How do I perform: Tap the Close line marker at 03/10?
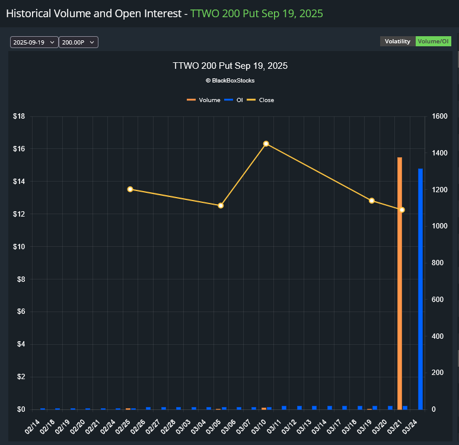point(266,144)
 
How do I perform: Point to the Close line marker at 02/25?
point(130,189)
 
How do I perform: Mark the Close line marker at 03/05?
point(221,205)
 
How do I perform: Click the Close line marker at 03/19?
point(372,201)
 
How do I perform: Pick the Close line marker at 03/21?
point(401,209)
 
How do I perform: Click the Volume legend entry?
point(204,100)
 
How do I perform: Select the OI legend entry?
point(235,100)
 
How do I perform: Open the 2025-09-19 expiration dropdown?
point(34,42)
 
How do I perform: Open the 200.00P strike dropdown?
point(78,42)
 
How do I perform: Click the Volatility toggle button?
point(397,42)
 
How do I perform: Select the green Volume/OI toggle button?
point(434,42)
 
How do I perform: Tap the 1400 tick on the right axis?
point(439,153)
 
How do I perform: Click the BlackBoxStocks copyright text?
point(230,80)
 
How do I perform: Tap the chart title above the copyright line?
point(230,66)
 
